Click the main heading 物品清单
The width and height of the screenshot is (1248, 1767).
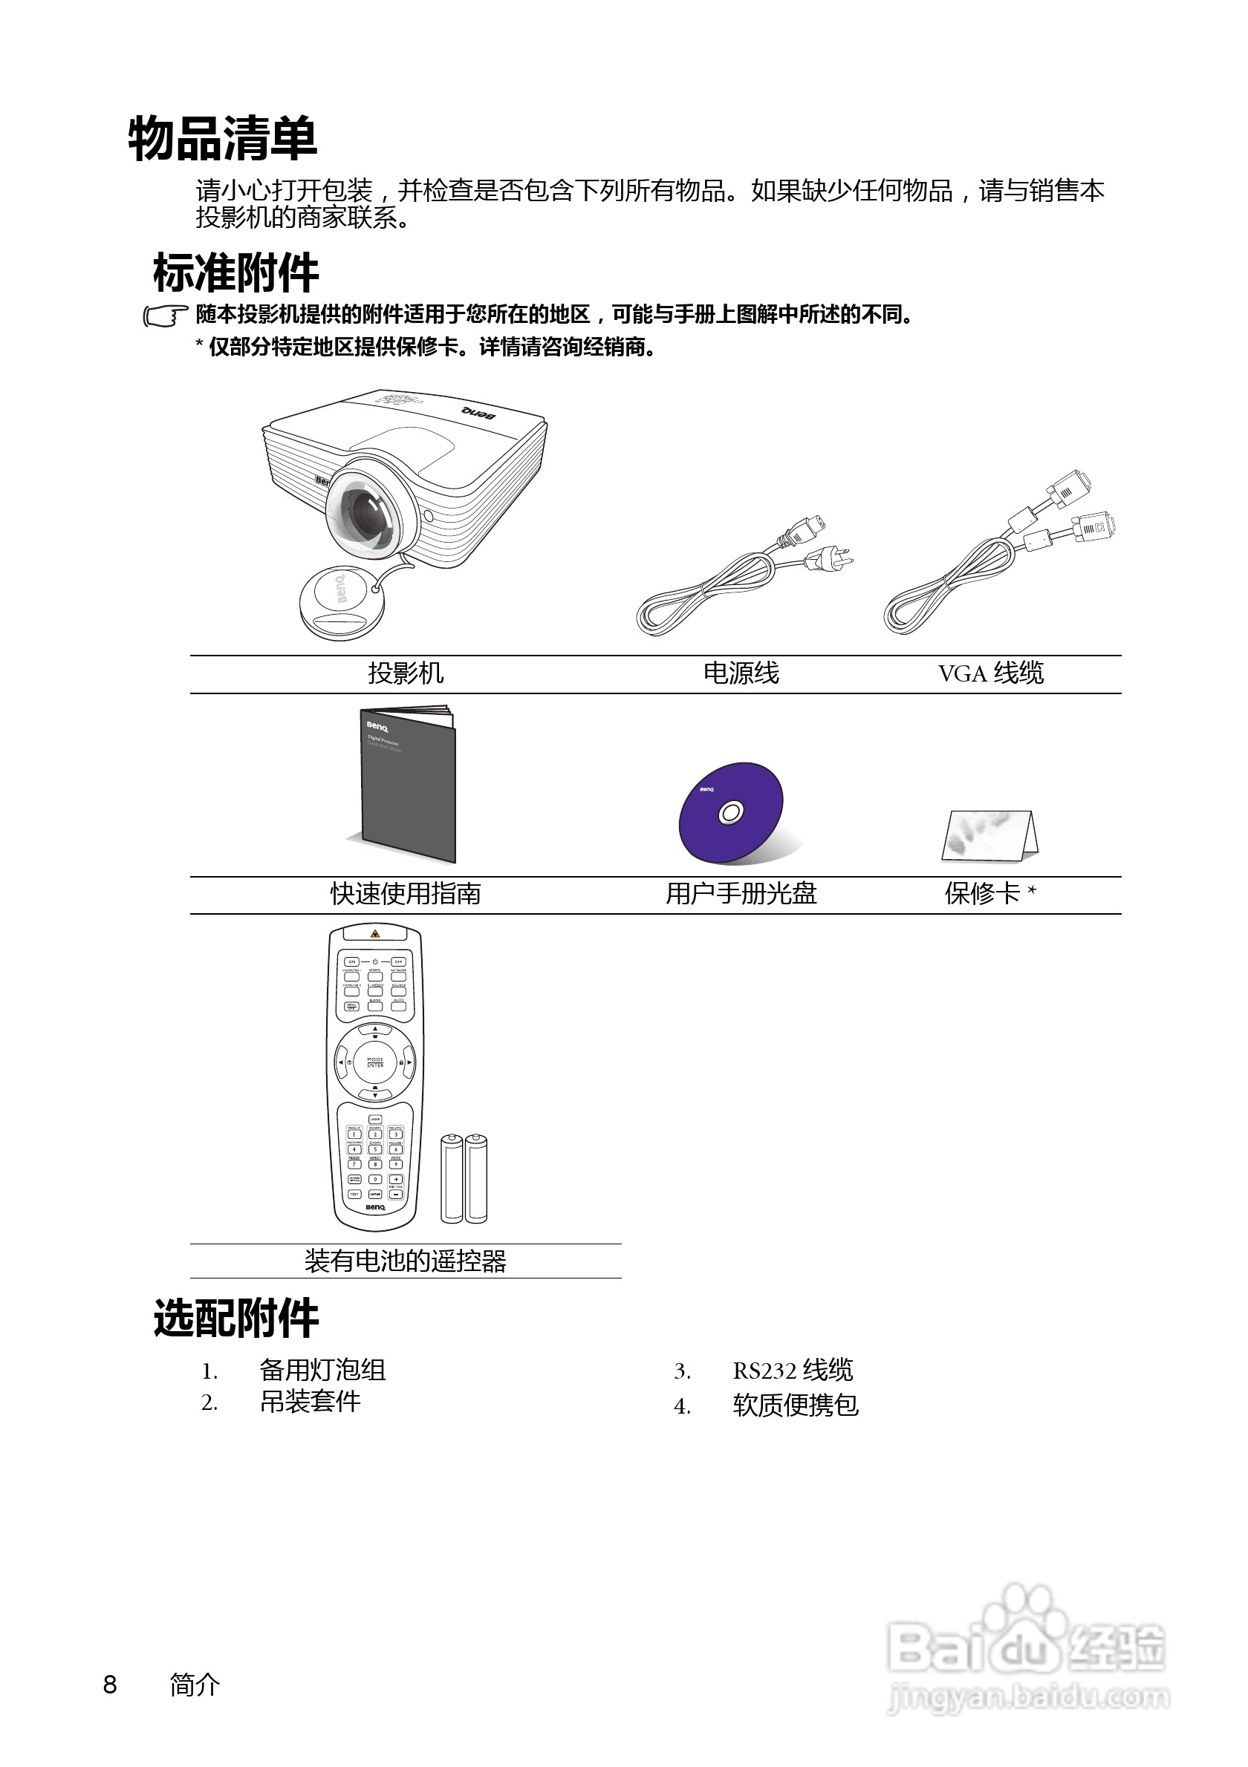[x=223, y=140]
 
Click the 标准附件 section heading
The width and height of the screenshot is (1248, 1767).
[x=235, y=272]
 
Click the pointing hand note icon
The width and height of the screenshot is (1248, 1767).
[x=166, y=316]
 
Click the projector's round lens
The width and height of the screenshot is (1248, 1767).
[x=365, y=511]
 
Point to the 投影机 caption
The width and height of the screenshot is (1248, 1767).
[x=405, y=673]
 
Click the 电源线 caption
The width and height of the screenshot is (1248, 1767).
[x=741, y=673]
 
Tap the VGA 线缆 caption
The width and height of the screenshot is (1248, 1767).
[x=990, y=673]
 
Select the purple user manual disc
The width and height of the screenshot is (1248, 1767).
[x=731, y=813]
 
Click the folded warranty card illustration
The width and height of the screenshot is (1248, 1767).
[x=989, y=836]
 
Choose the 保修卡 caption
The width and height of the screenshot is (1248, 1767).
[x=982, y=893]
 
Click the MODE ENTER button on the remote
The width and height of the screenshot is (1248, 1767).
[x=375, y=1063]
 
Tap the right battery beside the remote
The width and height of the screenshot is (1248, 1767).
[x=475, y=1178]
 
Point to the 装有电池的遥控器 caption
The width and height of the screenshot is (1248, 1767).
[x=405, y=1261]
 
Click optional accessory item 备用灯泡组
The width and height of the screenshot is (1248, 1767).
[x=322, y=1370]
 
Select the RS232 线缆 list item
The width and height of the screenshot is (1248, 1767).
[x=792, y=1370]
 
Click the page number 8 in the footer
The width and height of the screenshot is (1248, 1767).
[x=110, y=1684]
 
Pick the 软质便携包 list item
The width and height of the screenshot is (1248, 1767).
[x=796, y=1405]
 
